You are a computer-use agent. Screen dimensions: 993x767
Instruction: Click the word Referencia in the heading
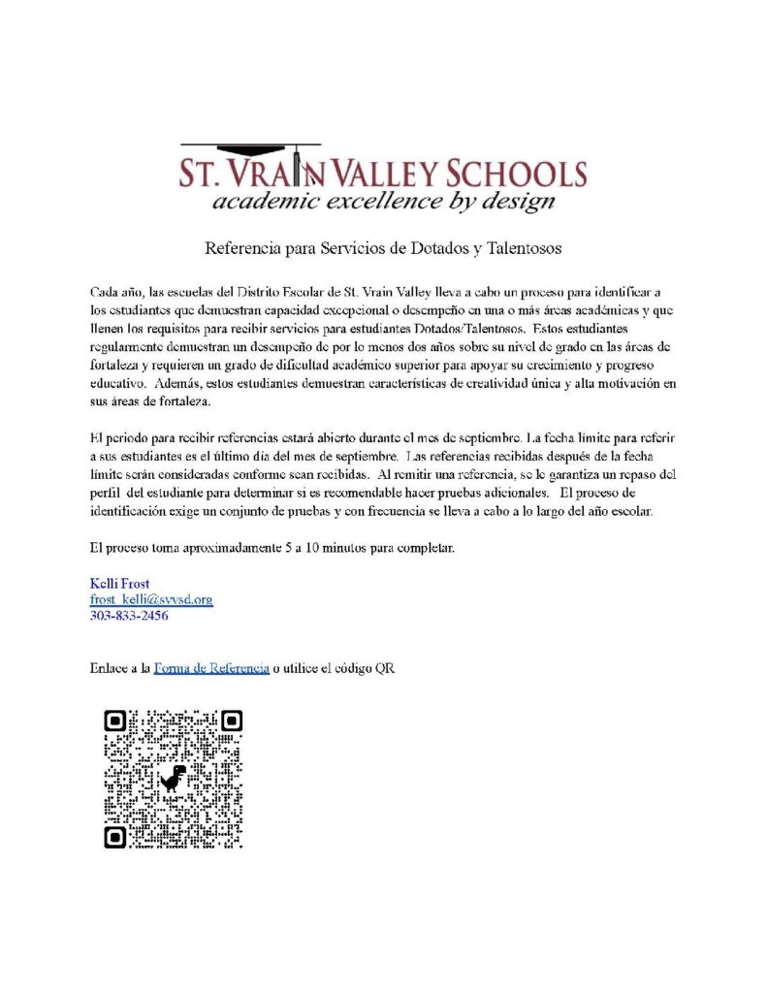tap(242, 247)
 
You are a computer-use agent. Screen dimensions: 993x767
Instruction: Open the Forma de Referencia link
tap(210, 668)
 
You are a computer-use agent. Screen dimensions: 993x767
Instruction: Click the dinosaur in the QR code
tap(174, 778)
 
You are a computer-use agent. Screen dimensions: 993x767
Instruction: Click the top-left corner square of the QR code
tap(115, 721)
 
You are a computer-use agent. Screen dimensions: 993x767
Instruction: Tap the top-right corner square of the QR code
tap(231, 721)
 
